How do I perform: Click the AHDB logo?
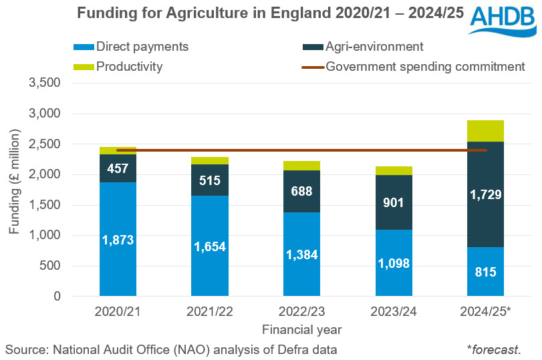[x=502, y=21]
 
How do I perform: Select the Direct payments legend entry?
[x=142, y=47]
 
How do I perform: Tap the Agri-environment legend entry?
[x=374, y=47]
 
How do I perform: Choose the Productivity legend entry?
[x=129, y=66]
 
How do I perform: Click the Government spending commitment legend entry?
[x=425, y=66]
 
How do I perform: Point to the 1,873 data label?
[x=118, y=240]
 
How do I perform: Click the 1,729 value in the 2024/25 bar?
[x=486, y=195]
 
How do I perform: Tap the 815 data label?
[x=486, y=273]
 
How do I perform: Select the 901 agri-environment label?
[x=394, y=202]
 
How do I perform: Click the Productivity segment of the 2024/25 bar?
[x=486, y=131]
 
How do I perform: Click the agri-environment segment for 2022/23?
[x=301, y=191]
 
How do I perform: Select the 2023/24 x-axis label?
[x=394, y=312]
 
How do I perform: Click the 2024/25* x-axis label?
[x=486, y=312]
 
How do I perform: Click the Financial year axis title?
[x=301, y=329]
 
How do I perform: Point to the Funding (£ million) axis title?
[x=15, y=189]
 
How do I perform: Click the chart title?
[x=270, y=13]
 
